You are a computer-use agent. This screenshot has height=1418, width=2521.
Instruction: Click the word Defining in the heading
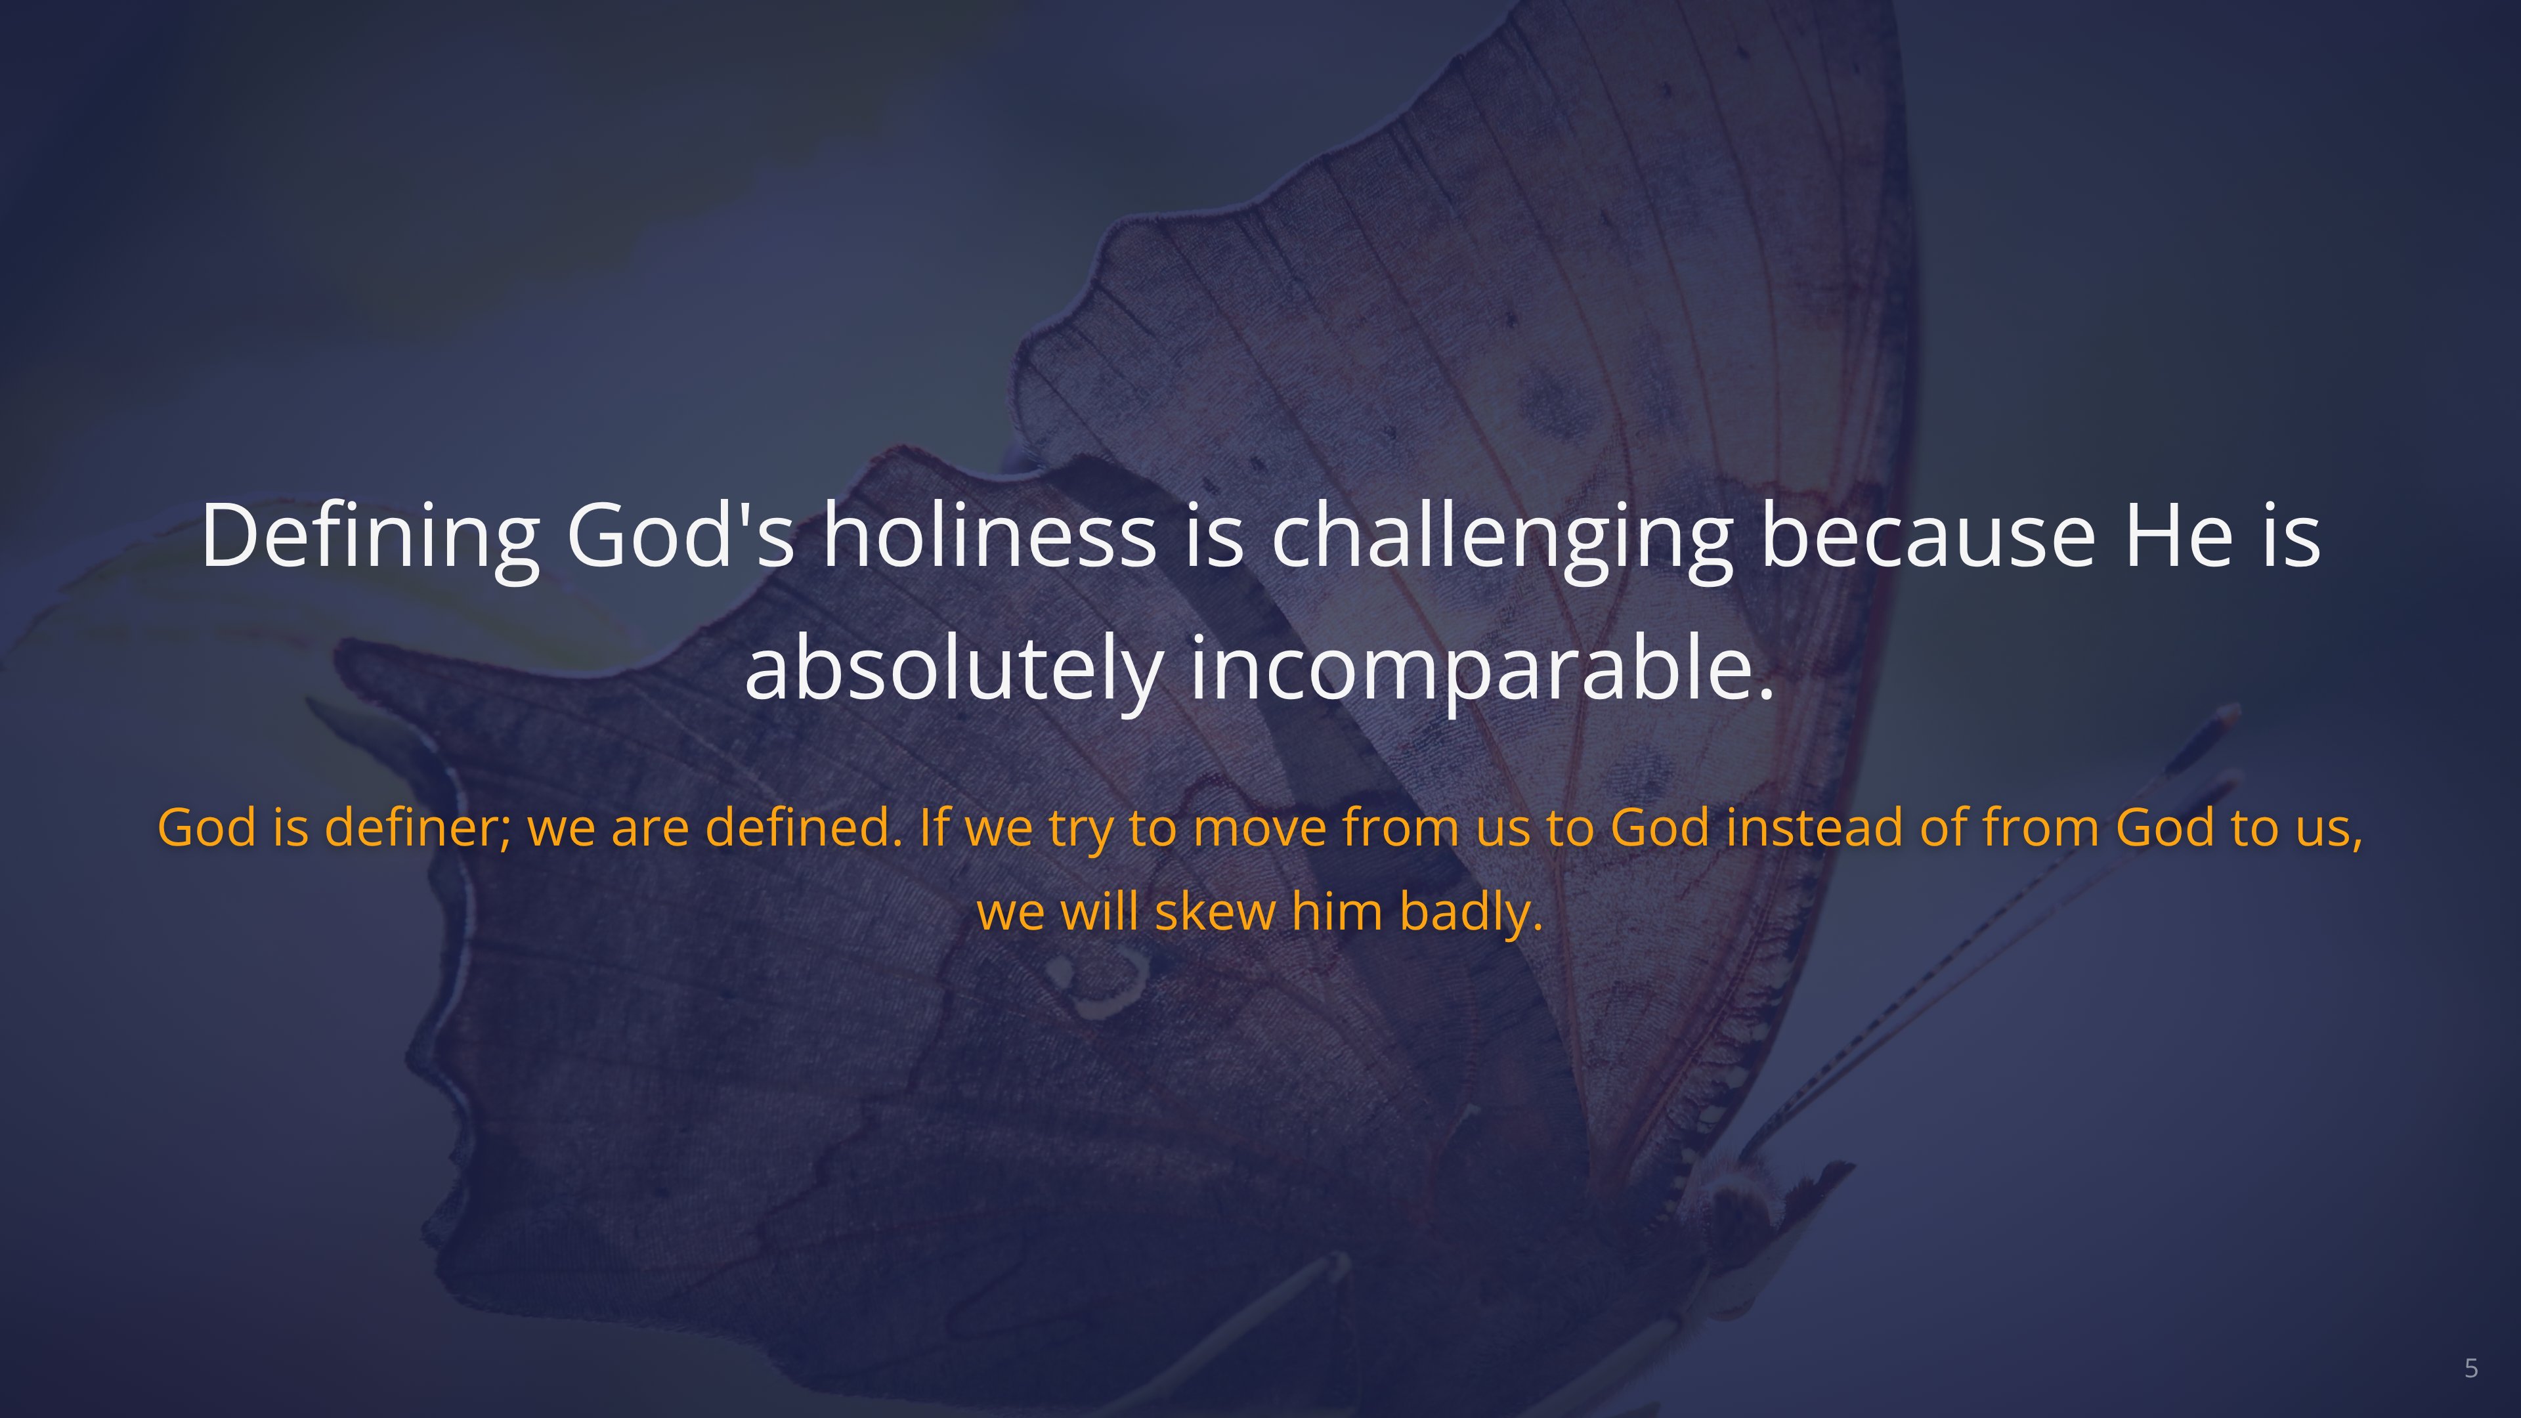pyautogui.click(x=370, y=537)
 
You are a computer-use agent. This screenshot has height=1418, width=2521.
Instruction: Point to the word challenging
pyautogui.click(x=1501, y=537)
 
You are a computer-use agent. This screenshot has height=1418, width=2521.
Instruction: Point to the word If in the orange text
pyautogui.click(x=934, y=827)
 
